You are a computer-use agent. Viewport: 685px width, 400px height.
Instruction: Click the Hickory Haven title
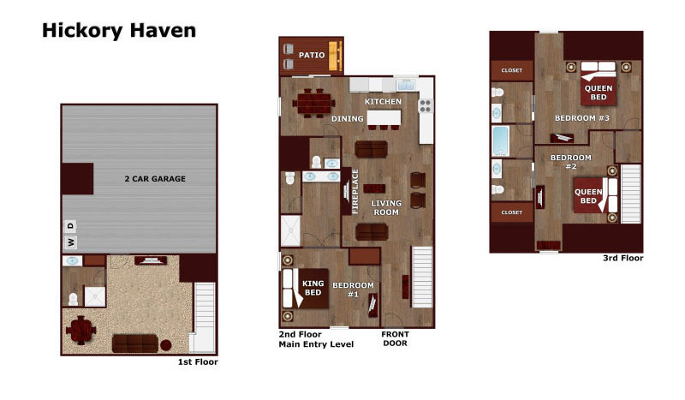(x=119, y=31)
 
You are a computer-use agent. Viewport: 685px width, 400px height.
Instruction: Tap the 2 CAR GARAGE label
(x=155, y=179)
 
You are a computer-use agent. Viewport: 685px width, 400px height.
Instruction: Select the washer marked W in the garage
(x=71, y=242)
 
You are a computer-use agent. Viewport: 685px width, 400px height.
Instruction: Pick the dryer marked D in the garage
(x=71, y=226)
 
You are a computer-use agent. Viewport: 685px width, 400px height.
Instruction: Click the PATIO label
(x=312, y=55)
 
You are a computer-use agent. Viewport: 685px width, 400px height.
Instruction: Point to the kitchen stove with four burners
(x=426, y=106)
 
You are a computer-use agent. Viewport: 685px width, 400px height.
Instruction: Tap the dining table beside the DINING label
(x=314, y=104)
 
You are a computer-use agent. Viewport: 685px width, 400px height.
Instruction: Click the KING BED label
(x=313, y=288)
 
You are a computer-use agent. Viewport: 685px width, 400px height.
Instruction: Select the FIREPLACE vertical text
(x=354, y=192)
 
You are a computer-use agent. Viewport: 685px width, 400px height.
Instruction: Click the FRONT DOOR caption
(x=395, y=339)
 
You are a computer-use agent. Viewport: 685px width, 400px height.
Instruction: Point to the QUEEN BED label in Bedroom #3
(x=599, y=93)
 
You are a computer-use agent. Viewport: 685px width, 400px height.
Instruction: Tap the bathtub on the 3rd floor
(x=501, y=141)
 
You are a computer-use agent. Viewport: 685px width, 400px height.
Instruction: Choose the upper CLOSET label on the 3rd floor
(x=511, y=70)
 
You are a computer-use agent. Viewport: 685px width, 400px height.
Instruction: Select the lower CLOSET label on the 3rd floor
(x=511, y=212)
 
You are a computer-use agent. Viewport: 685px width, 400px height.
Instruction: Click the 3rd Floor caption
(x=623, y=258)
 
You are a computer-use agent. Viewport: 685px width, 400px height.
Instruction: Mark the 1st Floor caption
(x=198, y=362)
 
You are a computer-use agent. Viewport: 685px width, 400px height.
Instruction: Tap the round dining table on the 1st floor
(x=81, y=330)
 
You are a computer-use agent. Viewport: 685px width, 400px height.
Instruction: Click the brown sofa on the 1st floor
(x=135, y=343)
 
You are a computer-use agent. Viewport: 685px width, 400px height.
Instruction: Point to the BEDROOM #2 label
(x=571, y=162)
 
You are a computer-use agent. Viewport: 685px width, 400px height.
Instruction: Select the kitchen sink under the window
(x=406, y=86)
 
